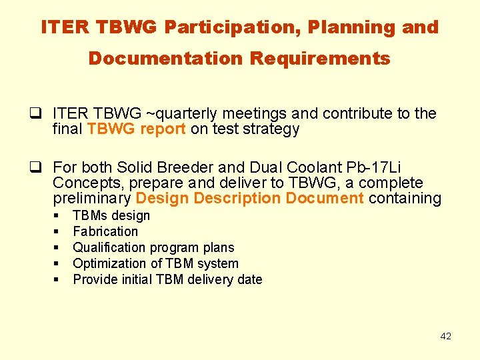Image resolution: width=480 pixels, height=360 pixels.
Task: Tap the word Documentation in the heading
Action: coord(167,59)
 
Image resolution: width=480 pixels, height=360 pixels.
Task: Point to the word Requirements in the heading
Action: coord(320,59)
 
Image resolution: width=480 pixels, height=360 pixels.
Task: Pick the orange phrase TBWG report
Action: coord(136,129)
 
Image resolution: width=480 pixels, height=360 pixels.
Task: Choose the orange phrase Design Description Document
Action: coord(249,199)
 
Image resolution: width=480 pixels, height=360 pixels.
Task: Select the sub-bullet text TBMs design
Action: coord(111,215)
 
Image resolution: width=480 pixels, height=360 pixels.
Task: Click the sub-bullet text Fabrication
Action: coord(105,231)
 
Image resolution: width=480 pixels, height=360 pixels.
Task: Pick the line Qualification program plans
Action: coord(153,247)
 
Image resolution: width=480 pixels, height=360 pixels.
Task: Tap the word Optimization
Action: coord(109,263)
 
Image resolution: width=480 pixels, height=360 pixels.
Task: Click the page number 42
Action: coord(445,336)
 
